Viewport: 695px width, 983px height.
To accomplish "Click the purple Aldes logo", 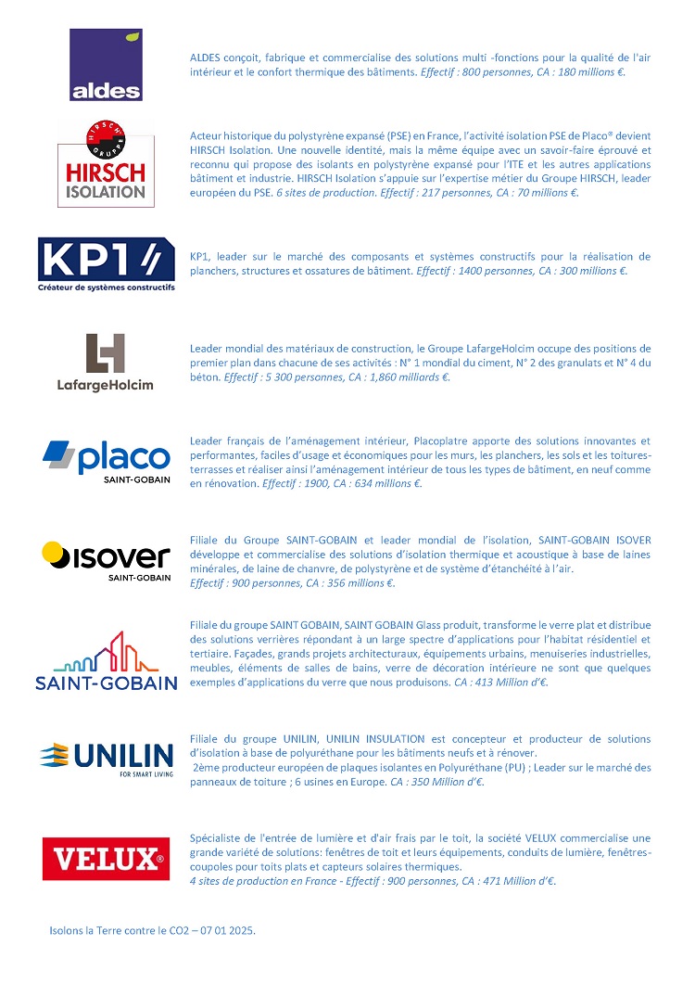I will coord(107,65).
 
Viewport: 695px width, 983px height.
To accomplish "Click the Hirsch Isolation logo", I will coord(105,163).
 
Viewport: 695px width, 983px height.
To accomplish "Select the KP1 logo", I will coord(106,263).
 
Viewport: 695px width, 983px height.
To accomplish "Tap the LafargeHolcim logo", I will coord(105,363).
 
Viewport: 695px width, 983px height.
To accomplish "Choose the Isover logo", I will coord(107,560).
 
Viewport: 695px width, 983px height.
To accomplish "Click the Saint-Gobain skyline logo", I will coord(106,661).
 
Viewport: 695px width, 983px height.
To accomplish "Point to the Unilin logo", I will coord(106,757).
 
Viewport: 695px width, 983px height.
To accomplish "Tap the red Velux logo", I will coord(107,858).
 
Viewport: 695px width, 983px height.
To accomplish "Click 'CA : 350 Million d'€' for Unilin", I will coord(437,782).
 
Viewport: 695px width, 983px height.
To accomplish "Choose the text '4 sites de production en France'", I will coord(257,881).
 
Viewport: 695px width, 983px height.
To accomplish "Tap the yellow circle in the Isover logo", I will coord(57,555).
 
